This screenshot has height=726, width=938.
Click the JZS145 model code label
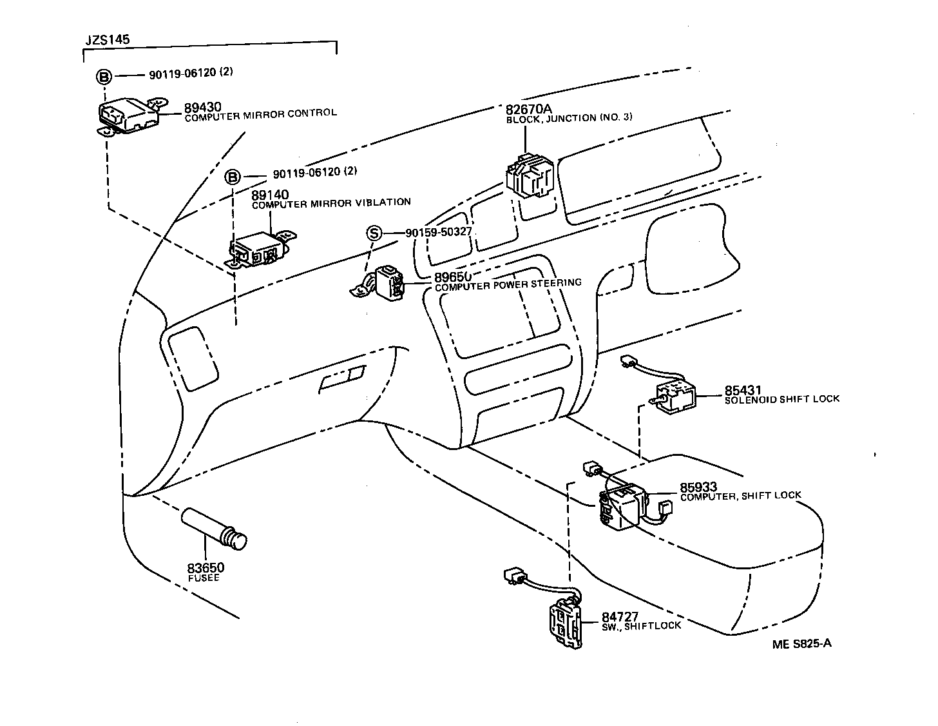(108, 40)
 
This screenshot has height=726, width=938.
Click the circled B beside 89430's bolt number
(104, 77)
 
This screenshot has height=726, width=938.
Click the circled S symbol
(374, 233)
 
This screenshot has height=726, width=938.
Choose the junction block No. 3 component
(531, 175)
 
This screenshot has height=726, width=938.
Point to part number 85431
(743, 390)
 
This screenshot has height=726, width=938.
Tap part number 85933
(699, 487)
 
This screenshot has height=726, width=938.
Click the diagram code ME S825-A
(802, 643)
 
